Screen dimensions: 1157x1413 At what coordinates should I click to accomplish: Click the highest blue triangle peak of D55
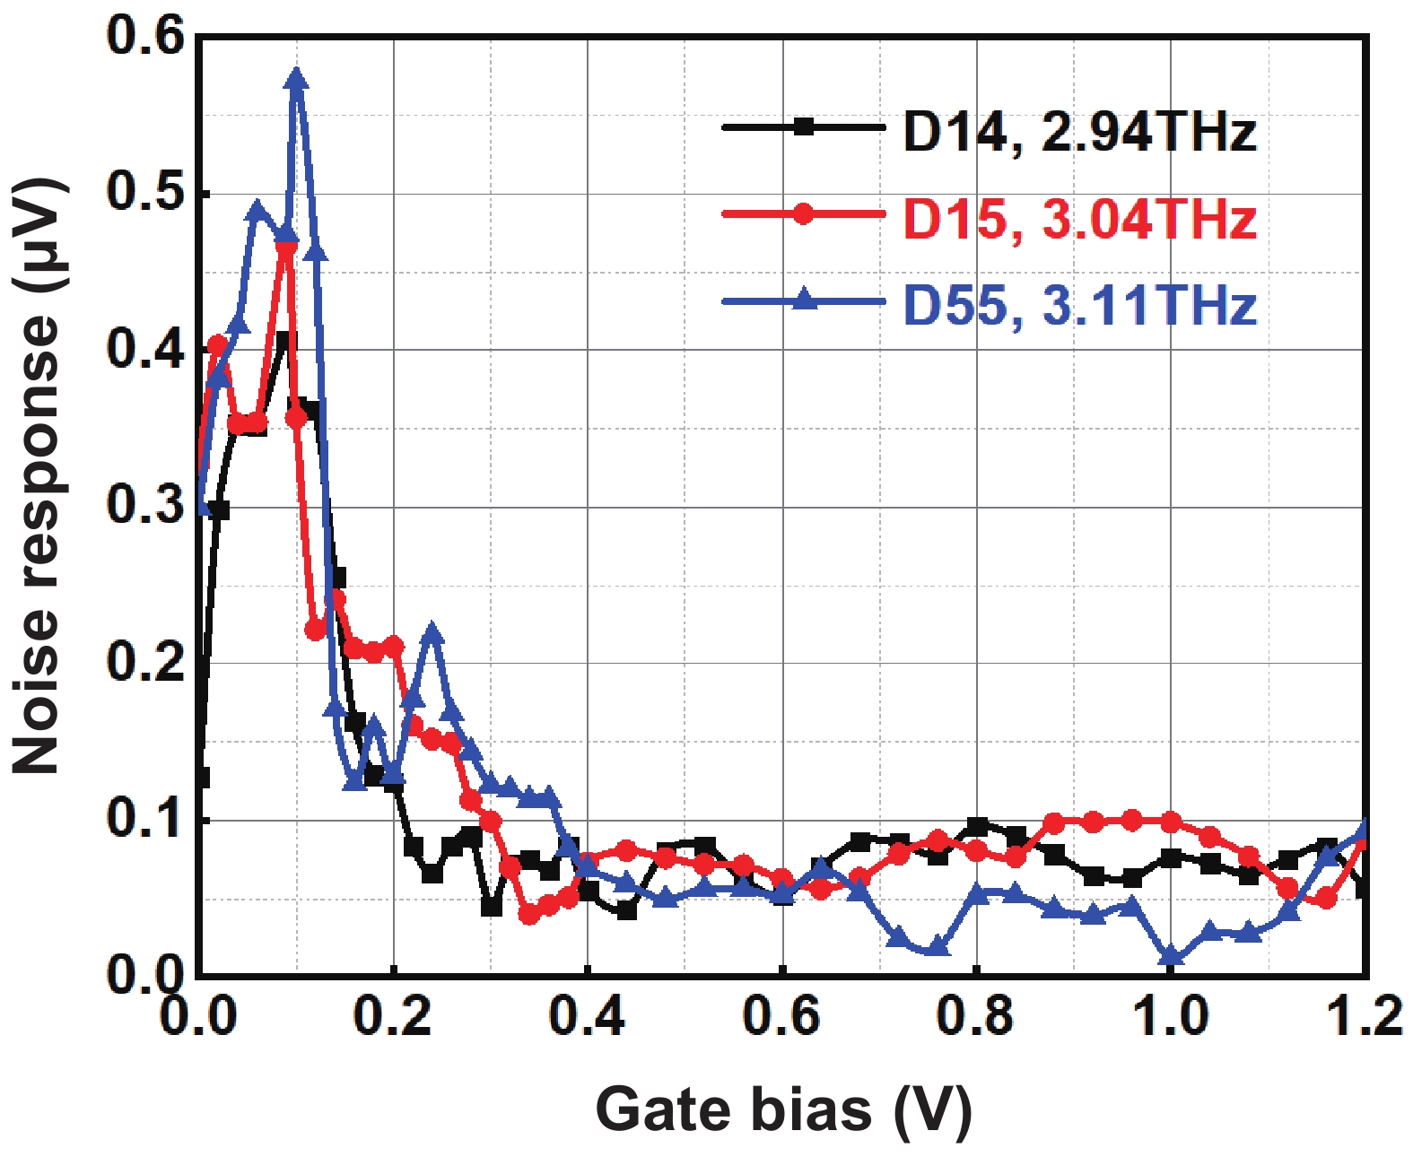(297, 80)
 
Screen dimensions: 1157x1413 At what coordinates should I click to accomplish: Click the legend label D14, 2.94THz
(1079, 133)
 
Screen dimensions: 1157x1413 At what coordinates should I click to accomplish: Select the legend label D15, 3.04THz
(1079, 219)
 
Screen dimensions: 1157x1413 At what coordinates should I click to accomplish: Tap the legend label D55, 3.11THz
(1079, 305)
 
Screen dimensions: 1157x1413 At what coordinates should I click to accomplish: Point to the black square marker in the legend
(805, 127)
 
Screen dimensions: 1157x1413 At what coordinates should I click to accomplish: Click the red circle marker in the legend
(805, 213)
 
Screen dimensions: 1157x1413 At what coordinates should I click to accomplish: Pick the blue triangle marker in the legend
(805, 300)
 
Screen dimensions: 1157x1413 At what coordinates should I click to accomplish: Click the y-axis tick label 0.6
(144, 38)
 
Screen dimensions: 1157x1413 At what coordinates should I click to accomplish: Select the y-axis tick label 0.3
(144, 507)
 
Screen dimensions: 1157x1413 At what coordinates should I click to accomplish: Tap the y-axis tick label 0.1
(144, 820)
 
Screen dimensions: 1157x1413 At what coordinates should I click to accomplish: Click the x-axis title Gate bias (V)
(782, 1110)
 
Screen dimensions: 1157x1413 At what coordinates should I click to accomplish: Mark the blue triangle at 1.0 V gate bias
(1171, 957)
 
